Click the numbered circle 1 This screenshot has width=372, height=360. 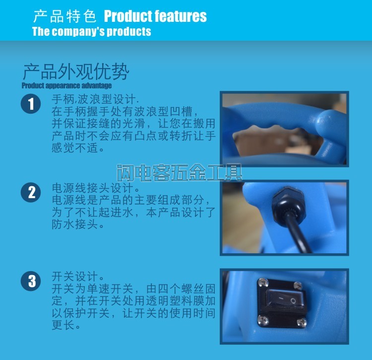31,104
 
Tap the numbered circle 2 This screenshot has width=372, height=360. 31,192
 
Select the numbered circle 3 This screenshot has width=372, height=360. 31,281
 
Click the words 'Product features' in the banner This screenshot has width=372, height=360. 155,16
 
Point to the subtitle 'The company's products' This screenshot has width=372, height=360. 92,32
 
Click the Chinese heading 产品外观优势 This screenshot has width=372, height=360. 76,72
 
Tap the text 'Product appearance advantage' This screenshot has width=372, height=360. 66,85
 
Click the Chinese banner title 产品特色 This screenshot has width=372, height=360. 65,16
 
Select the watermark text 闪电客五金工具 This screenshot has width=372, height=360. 180,173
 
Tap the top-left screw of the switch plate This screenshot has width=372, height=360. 263,283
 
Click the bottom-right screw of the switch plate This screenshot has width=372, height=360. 301,322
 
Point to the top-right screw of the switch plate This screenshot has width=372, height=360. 298,285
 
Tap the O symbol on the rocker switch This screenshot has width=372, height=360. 293,301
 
